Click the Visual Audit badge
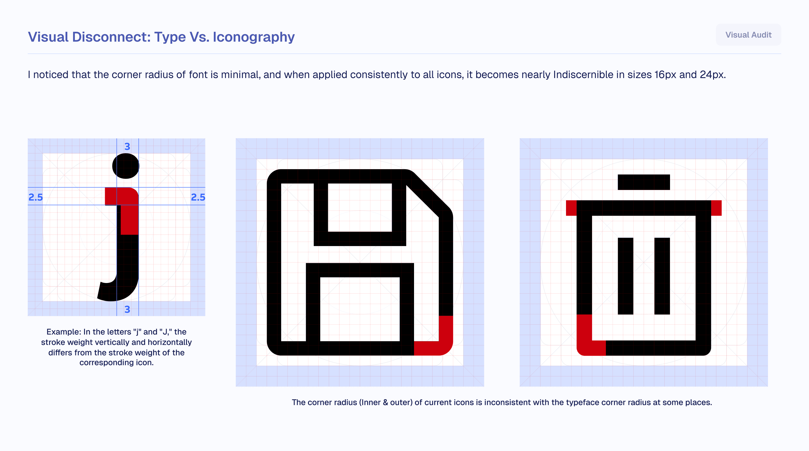click(x=748, y=35)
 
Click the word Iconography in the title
click(x=254, y=37)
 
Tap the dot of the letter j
click(x=126, y=166)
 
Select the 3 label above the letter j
click(x=127, y=147)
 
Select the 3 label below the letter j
click(x=127, y=310)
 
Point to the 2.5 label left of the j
click(x=36, y=197)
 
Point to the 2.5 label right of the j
click(x=198, y=197)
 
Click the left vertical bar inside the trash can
click(x=626, y=276)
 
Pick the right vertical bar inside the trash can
click(x=662, y=276)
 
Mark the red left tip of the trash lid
click(x=571, y=208)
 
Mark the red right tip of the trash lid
click(x=716, y=208)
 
